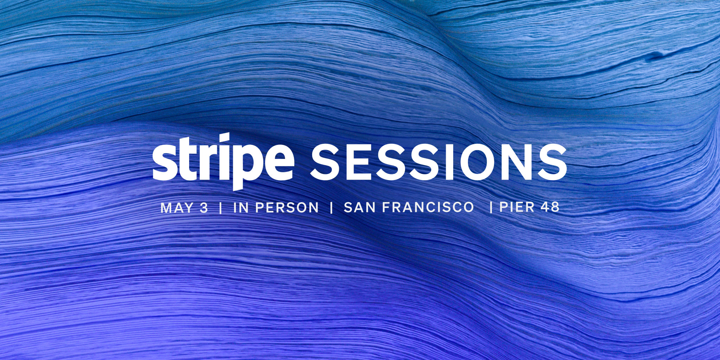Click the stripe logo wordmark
click(x=223, y=162)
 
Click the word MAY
click(x=177, y=207)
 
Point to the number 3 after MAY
click(x=204, y=207)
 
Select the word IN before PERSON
click(x=241, y=207)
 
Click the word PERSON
click(x=287, y=207)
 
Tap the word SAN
click(x=359, y=207)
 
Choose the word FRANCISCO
click(x=428, y=207)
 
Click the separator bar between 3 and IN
click(x=220, y=208)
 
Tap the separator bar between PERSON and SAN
click(x=331, y=208)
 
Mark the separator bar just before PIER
click(x=491, y=207)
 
